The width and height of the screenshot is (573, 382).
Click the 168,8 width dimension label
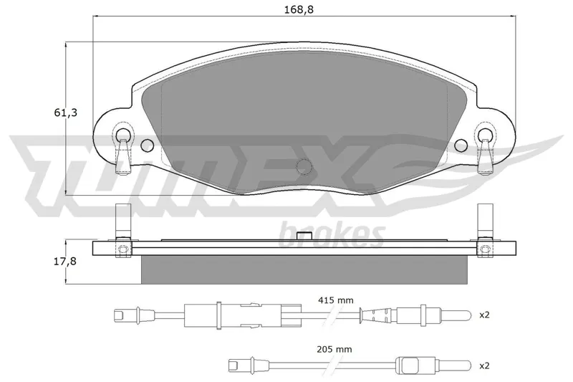point(299,9)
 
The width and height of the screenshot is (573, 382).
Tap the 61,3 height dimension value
point(66,113)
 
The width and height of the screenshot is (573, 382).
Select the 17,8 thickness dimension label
point(65,261)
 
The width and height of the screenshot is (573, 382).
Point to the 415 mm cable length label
point(335,300)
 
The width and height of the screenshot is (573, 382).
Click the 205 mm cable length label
point(334,350)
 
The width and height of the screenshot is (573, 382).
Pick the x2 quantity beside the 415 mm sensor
point(484,315)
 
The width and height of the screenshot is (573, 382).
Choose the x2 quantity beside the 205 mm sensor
point(484,366)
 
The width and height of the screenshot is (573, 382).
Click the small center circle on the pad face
point(304,166)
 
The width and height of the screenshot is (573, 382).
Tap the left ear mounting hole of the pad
point(122,134)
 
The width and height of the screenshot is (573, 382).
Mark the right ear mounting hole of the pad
point(485,134)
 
